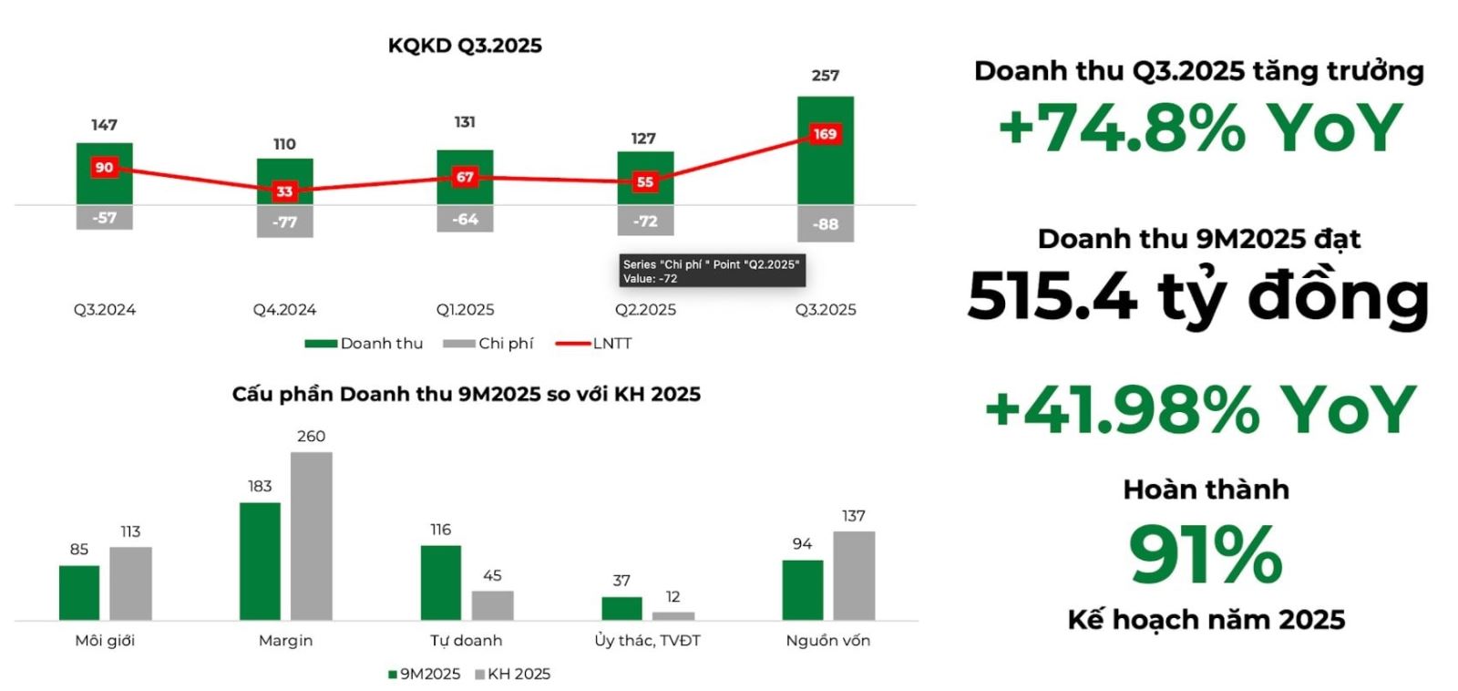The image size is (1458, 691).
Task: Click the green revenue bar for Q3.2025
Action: coord(826,173)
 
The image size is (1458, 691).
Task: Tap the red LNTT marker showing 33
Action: coord(284,191)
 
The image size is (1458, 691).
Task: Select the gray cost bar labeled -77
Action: coord(284,222)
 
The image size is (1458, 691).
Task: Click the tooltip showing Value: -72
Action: coord(711,271)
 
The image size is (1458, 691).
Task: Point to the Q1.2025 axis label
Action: coord(465,310)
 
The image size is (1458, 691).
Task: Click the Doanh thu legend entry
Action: coord(364,344)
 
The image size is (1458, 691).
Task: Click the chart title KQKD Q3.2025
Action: coord(465,46)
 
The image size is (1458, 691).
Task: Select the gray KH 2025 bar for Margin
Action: coord(311,536)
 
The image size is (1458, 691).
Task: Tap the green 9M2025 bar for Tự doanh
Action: coord(441,583)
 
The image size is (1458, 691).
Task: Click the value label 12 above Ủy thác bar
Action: coord(673,597)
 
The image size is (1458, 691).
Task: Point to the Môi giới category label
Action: coord(105,641)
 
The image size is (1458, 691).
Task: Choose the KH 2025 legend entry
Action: coord(512,675)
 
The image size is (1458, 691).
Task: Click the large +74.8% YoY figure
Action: coord(1200,129)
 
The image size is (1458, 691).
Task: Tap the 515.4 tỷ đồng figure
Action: coord(1197,296)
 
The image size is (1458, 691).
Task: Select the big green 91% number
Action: coord(1206,554)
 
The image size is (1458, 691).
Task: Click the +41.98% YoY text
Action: coord(1200,409)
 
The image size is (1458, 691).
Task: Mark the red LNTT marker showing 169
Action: coord(825,135)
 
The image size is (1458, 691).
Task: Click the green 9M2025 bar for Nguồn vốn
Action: coord(802,590)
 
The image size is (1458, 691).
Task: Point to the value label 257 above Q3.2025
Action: coord(826,76)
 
